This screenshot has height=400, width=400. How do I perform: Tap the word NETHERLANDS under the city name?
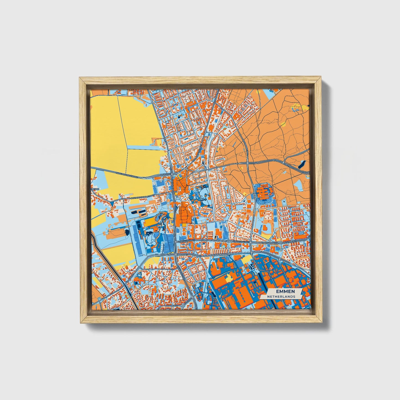coord(281,296)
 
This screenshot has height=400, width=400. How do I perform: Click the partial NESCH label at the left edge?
coord(95,189)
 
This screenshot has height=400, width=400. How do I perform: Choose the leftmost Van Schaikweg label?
coord(185,241)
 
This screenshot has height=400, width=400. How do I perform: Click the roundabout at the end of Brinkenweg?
coord(183,306)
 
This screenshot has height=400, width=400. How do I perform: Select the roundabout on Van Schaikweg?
coord(229,241)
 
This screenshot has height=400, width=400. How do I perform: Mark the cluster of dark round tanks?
coord(252,267)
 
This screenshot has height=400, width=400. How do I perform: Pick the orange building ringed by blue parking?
coord(263,191)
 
